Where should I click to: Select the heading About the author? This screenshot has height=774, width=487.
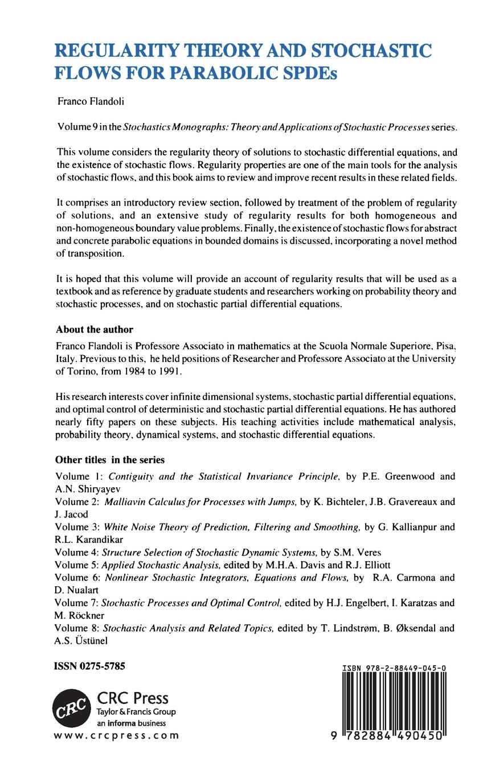tap(94, 330)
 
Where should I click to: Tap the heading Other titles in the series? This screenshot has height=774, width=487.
tap(109, 459)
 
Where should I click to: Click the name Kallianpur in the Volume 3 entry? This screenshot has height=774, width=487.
tap(406, 527)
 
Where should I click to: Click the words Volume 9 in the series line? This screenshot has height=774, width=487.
tap(77, 129)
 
